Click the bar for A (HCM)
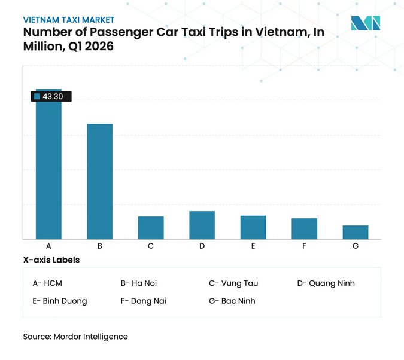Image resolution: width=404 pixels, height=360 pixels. coord(48,170)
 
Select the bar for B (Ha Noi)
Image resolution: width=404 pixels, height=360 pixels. coord(100,182)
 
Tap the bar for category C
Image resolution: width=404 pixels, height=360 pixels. coord(151,228)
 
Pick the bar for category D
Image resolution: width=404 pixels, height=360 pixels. coord(202,225)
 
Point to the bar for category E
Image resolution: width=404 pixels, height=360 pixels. coord(253,227)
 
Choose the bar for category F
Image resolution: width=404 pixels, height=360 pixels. coord(304,229)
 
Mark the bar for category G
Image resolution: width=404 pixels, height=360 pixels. coord(356,232)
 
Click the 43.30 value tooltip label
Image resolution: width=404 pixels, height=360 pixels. coord(51,96)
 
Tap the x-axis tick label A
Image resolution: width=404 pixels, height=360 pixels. coord(48,246)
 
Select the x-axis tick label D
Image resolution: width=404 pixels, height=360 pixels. coord(202,246)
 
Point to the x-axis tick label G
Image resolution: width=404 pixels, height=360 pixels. coord(356,246)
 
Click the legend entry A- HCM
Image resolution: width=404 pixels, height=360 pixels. coord(47,283)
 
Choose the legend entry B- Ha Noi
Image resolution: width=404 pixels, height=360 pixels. coord(139,283)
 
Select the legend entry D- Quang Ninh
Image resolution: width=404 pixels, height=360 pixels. coord(326,283)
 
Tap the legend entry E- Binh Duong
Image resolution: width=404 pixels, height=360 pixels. coord(60,301)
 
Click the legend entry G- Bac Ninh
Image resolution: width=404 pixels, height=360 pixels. coord(232,301)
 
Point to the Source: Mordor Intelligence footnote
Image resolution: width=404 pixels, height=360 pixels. coord(75,337)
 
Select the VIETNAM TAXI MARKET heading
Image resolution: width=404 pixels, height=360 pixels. coord(69,20)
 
